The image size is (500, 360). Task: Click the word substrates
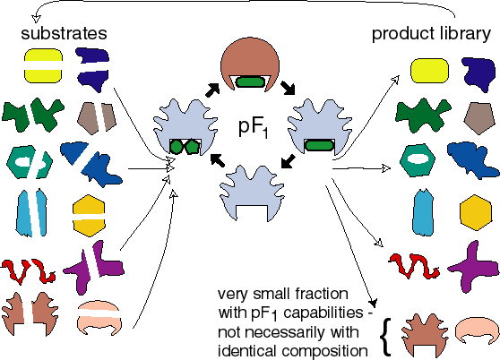click(64, 33)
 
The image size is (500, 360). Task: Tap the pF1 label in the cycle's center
click(253, 128)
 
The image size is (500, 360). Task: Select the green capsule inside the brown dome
click(250, 81)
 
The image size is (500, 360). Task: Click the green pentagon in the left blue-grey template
click(193, 147)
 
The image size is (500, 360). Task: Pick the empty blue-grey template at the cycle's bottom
click(251, 193)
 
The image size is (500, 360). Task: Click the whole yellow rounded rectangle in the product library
click(429, 71)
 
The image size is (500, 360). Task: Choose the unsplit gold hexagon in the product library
click(476, 212)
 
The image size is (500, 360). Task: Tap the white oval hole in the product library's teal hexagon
click(417, 159)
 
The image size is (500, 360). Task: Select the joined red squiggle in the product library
click(414, 265)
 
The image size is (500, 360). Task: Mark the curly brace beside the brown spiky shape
click(386, 337)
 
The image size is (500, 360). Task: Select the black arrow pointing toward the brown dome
click(212, 90)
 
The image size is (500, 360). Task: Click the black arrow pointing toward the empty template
click(289, 161)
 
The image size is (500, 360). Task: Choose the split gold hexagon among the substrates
click(89, 215)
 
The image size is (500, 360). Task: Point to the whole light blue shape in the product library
click(423, 212)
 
